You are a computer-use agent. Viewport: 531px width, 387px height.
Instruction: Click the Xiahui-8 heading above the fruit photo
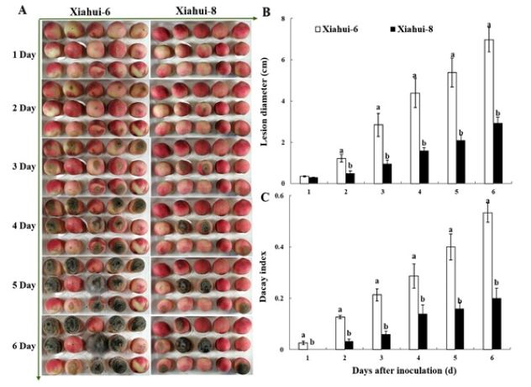tap(198, 10)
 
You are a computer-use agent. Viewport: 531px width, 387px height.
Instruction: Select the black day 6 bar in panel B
tap(498, 154)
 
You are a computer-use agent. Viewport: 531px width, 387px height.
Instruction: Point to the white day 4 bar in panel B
tap(414, 138)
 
